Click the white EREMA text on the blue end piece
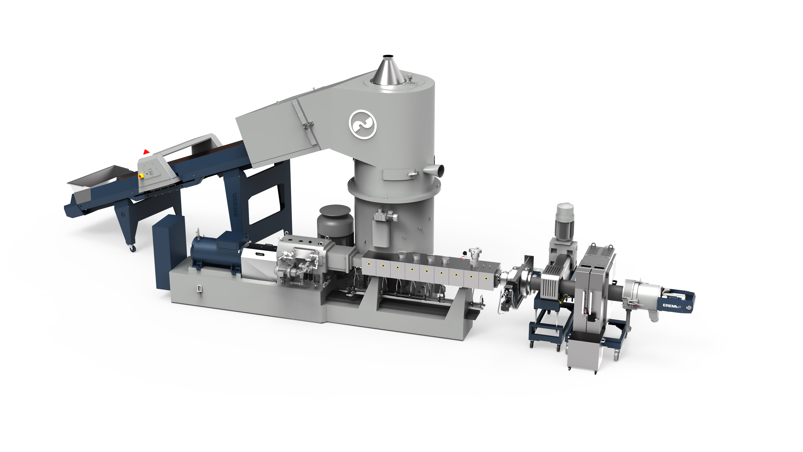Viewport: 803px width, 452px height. tap(670, 306)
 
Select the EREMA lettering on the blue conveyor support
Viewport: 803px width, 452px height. tap(235, 205)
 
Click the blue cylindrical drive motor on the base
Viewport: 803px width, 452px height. tap(215, 252)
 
